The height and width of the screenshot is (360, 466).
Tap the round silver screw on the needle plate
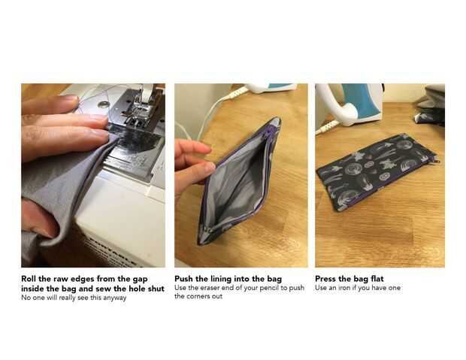pos(104,104)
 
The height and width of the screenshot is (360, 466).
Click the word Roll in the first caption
pos(29,279)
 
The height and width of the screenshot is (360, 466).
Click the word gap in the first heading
pos(139,280)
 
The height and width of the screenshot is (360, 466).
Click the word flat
pos(377,279)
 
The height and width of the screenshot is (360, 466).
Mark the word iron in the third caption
pos(344,288)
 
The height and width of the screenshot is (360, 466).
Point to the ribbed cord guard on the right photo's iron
pos(327,126)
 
